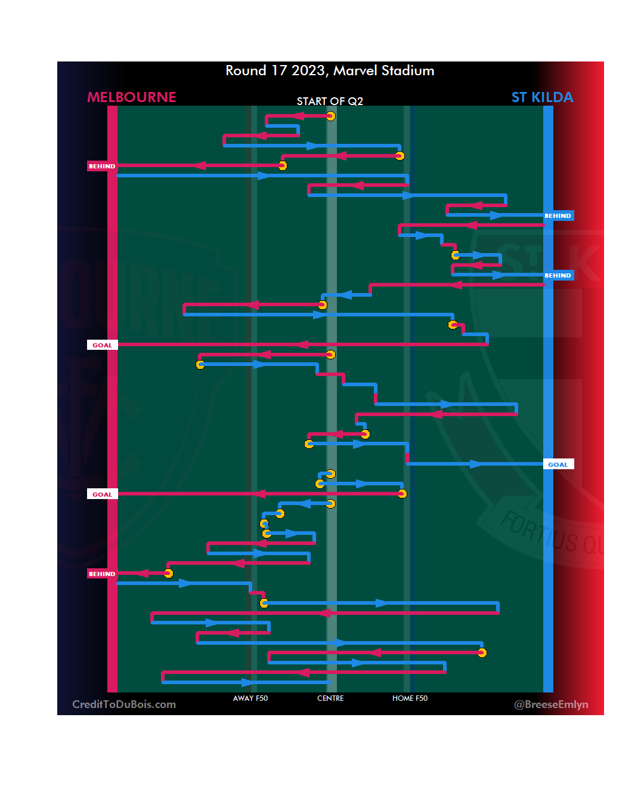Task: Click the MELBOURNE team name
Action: tap(132, 97)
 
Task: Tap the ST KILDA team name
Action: tap(542, 97)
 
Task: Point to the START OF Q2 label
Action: tap(330, 101)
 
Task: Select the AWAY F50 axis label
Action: tap(250, 698)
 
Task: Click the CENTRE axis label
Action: tap(330, 698)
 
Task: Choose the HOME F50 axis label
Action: tap(410, 698)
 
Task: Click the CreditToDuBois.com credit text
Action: tap(124, 704)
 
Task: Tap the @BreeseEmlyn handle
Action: tap(551, 704)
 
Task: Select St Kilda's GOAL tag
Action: tap(558, 464)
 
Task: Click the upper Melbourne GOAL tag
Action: tap(102, 345)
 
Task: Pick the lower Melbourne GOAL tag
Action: tap(102, 494)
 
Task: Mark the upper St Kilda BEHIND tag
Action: tap(558, 216)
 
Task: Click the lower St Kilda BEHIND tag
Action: tap(558, 275)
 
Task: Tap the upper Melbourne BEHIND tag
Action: tap(102, 166)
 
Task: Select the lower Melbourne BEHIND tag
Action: tap(102, 574)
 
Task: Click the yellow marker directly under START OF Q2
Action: tap(330, 116)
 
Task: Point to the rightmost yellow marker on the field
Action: tap(482, 652)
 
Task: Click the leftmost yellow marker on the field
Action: tap(169, 573)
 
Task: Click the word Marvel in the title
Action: tap(355, 70)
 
